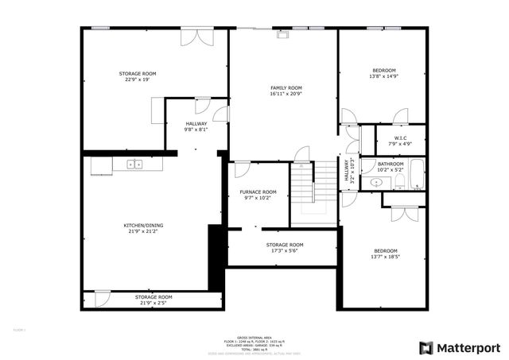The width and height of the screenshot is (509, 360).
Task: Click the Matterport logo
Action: point(460,347)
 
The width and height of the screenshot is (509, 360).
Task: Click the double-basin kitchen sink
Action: point(134,165)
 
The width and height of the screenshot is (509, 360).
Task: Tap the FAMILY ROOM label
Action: point(286,87)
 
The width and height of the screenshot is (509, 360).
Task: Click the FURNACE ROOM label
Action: point(258,192)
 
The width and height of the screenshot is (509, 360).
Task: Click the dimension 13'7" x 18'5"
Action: point(386,257)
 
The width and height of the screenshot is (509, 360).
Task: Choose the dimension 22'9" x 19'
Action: point(137,79)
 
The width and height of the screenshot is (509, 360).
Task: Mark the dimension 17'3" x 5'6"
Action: point(284,250)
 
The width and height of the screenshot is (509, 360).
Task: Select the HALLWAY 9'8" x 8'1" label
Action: point(196,129)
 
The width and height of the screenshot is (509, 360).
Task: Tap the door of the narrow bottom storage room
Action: point(102,299)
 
